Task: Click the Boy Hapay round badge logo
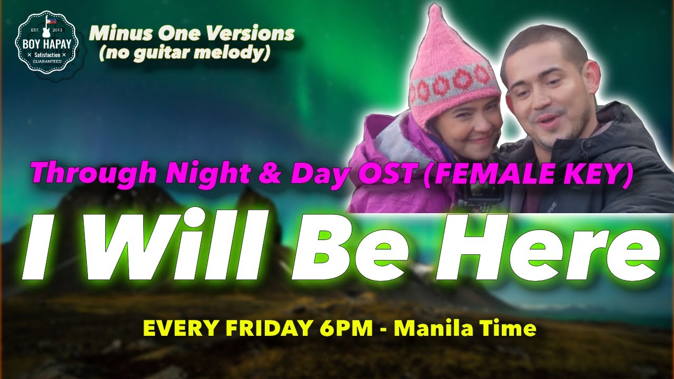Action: pos(47,42)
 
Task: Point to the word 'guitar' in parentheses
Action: pos(162,53)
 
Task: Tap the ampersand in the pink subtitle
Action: pos(270,174)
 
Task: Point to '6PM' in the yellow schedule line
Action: pos(346,328)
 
